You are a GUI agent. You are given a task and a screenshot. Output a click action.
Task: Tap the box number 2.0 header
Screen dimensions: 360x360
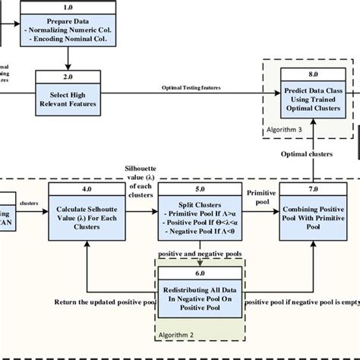(69, 77)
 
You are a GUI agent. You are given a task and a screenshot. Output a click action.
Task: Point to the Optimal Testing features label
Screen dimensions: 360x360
(191, 87)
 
